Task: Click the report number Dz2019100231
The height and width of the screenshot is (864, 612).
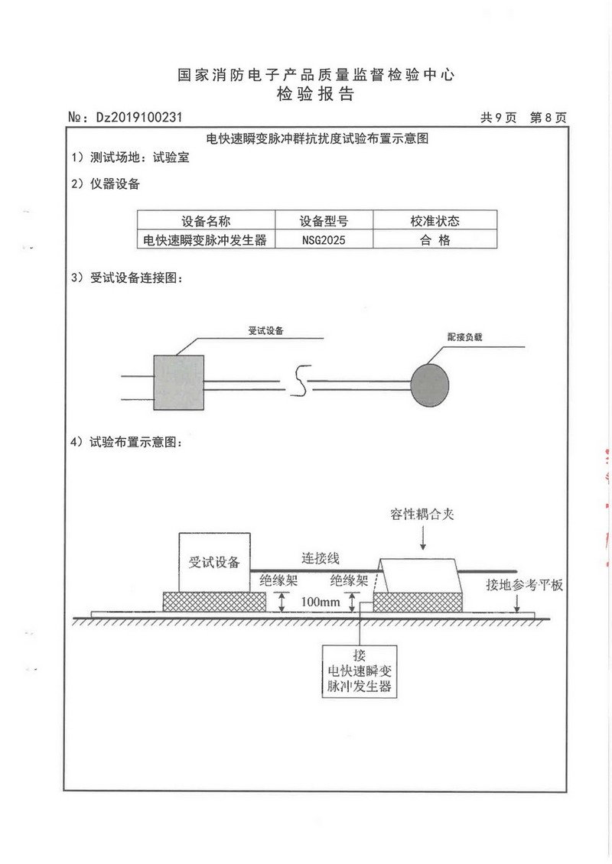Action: (x=138, y=117)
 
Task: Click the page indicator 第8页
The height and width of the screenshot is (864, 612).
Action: (x=548, y=118)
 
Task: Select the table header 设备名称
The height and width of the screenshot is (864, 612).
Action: (x=206, y=221)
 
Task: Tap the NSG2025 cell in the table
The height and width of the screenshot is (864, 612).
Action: (x=324, y=239)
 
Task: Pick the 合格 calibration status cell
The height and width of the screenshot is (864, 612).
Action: (x=435, y=239)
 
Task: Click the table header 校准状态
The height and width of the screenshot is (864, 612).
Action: (x=435, y=221)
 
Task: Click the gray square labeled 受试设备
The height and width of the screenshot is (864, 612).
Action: (x=179, y=382)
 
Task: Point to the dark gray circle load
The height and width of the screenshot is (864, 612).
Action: (x=430, y=385)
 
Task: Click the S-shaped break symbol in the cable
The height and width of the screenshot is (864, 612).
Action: (x=301, y=381)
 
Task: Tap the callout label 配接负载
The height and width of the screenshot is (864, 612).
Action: (x=465, y=337)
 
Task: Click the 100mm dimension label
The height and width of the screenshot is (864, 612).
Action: (x=321, y=602)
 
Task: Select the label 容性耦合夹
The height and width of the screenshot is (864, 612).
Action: (x=422, y=515)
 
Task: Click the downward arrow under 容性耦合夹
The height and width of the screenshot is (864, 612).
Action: (x=423, y=538)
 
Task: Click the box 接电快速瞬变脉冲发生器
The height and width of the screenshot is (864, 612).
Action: (x=360, y=671)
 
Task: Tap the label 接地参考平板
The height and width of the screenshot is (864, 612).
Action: (x=524, y=585)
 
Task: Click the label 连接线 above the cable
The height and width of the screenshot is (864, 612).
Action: (x=321, y=558)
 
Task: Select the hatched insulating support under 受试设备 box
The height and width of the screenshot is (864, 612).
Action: (x=214, y=602)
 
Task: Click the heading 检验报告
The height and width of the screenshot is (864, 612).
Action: (x=315, y=94)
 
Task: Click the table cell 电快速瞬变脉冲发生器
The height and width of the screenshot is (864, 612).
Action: (x=205, y=239)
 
